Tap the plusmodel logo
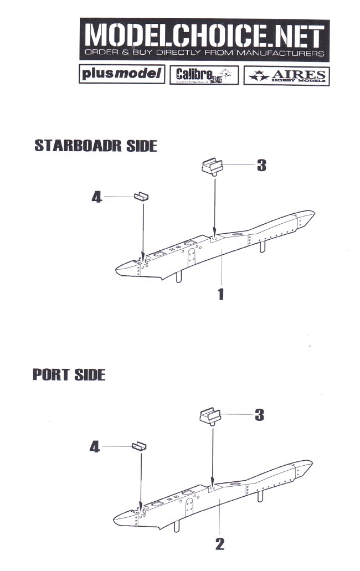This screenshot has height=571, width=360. click(x=122, y=74)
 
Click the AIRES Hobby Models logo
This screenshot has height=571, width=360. click(x=286, y=75)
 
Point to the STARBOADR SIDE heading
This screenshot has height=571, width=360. click(x=96, y=146)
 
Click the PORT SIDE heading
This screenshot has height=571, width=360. click(x=69, y=374)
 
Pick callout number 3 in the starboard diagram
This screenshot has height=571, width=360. click(x=261, y=165)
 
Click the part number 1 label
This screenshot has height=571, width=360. click(x=221, y=293)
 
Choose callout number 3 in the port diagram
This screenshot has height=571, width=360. click(x=259, y=414)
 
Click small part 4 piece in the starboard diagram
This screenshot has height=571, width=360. click(x=142, y=197)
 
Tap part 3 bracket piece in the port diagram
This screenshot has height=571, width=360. click(x=211, y=415)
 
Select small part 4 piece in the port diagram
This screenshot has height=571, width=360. click(x=140, y=446)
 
